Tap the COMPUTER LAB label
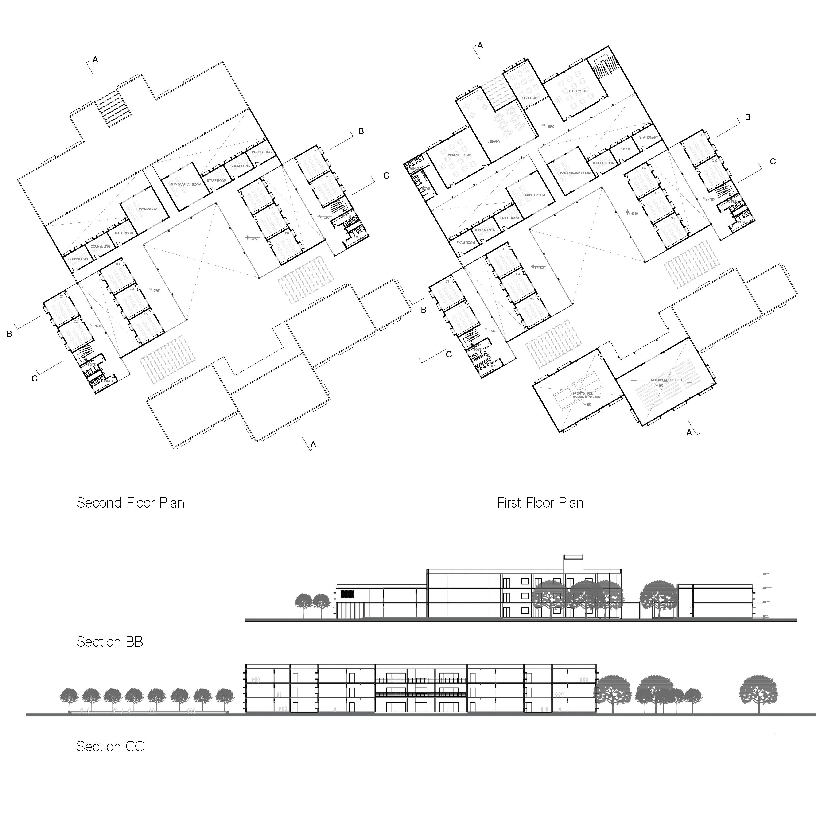459,155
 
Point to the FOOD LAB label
530,98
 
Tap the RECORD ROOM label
603,163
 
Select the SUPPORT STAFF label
486,230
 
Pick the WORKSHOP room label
148,210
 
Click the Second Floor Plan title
130,503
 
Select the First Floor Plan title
540,503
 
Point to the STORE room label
625,149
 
